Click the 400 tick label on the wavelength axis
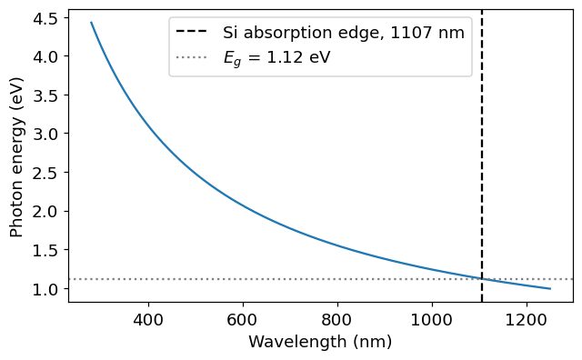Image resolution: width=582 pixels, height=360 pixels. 148,319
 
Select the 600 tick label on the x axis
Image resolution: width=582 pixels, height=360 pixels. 243,319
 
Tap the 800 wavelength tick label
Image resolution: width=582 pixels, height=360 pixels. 337,319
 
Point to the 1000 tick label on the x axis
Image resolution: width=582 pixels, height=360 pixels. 432,319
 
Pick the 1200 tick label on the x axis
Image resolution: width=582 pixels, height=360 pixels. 527,319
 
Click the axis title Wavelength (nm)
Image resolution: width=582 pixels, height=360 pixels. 320,342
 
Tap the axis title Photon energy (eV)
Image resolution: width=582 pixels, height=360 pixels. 16,156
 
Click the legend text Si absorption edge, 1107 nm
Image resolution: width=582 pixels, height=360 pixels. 344,33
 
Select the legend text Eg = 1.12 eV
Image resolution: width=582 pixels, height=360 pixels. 276,58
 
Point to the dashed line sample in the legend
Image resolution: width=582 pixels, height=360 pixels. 191,31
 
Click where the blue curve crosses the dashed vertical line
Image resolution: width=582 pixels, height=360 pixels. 482,279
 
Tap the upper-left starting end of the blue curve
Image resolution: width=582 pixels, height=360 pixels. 91,22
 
